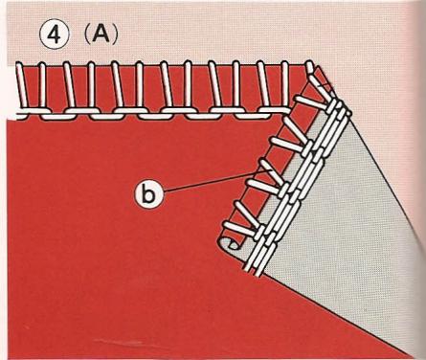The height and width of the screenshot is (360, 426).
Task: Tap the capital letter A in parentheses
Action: coord(101,35)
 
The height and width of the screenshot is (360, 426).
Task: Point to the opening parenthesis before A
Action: coord(85,35)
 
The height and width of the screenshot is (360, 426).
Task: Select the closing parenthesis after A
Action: coord(115,35)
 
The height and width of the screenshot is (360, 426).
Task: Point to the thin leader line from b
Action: coord(216,181)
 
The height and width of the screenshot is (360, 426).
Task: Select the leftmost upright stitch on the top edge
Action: coord(21,85)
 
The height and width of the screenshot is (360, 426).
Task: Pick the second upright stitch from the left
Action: coord(42,85)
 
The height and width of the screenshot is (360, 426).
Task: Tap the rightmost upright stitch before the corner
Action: coord(285,84)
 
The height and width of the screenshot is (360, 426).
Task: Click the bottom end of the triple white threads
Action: coord(255,271)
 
